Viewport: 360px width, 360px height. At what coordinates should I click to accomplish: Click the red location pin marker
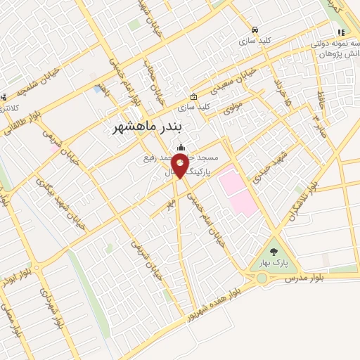point(179,166)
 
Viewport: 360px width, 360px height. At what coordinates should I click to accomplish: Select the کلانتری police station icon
point(5,96)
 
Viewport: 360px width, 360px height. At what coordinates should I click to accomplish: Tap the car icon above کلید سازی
point(255,30)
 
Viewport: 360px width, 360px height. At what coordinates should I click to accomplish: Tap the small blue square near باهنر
point(96,89)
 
